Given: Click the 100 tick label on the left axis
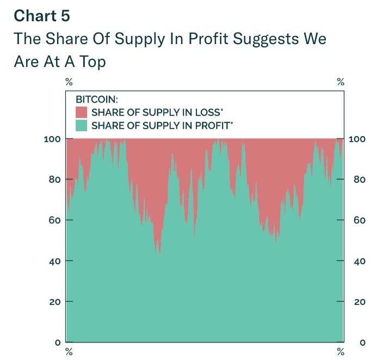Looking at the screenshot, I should click(52, 139).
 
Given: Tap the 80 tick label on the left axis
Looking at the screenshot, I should click(54, 180).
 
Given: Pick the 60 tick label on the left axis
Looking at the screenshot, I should click(54, 221).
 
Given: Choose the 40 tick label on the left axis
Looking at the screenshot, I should click(54, 261).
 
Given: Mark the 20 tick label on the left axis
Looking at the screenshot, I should click(54, 302).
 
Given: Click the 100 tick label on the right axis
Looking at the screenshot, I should click(357, 139).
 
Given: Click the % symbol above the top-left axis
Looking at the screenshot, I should click(69, 82).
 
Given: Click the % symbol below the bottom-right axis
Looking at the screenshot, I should click(341, 351).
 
